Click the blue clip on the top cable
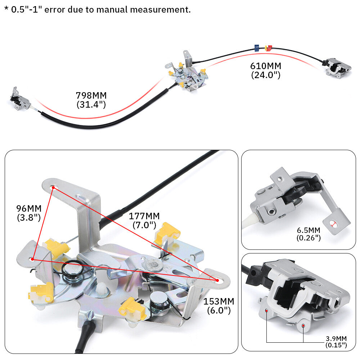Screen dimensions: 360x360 tap(257, 48)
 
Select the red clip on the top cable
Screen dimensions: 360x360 tap(269, 48)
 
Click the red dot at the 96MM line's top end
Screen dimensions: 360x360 tap(53, 188)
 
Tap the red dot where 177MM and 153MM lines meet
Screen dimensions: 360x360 tap(217, 280)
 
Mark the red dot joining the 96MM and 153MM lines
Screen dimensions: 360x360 tap(33, 260)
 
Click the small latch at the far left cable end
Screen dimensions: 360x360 tap(19, 99)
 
